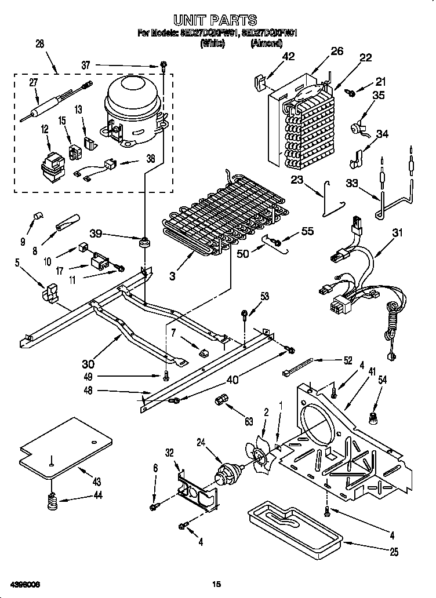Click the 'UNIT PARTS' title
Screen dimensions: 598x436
point(219,22)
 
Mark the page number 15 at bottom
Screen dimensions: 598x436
point(216,583)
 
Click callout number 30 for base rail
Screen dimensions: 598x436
point(88,363)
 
